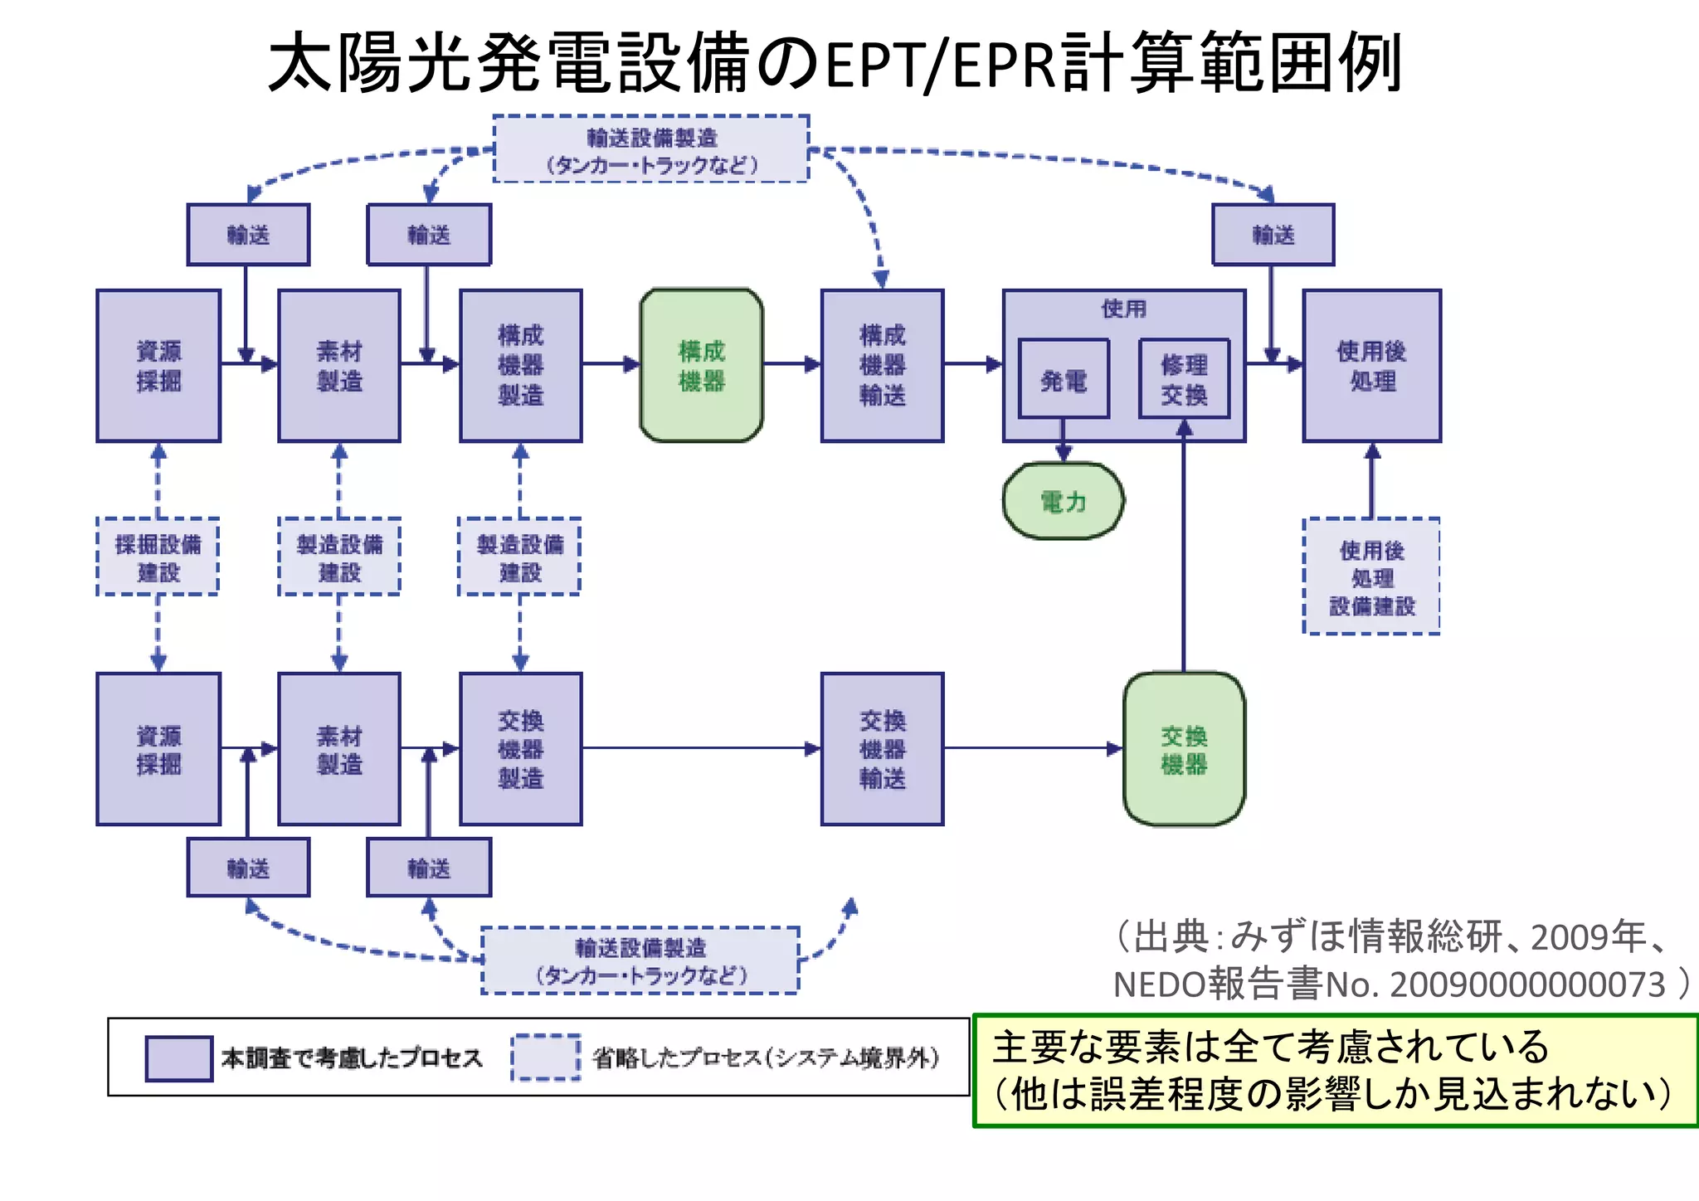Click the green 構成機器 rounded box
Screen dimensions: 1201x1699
701,365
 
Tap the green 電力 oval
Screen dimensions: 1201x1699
1063,501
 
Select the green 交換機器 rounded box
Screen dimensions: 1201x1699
1184,749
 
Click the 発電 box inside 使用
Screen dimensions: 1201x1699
1063,379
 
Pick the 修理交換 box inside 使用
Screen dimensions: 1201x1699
1184,379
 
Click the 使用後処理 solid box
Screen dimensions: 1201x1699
1371,365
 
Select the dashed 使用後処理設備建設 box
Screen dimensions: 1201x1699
1371,576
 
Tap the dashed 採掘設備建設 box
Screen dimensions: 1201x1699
158,557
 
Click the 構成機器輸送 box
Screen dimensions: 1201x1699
882,365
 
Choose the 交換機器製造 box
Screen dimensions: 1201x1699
520,749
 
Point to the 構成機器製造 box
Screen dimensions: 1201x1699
520,365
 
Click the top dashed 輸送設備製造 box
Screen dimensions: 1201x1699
651,149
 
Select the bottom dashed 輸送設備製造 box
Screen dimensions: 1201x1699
640,960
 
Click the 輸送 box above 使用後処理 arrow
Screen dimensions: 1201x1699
1273,235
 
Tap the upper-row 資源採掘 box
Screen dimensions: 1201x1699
158,365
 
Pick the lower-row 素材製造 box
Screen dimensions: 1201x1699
338,749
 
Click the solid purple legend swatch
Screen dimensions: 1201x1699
178,1058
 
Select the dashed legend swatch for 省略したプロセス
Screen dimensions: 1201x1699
545,1058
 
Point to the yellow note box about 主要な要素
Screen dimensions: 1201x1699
1335,1070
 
